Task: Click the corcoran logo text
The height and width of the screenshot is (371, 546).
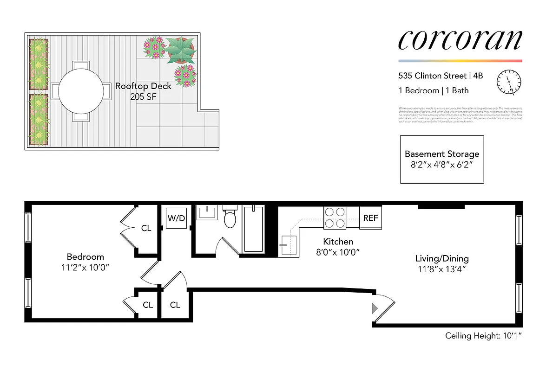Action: pyautogui.click(x=460, y=40)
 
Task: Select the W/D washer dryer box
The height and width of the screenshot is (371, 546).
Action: pyautogui.click(x=176, y=218)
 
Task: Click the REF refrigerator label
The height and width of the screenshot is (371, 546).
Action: pyautogui.click(x=370, y=218)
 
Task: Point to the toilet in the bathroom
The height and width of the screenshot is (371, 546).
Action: pyautogui.click(x=230, y=217)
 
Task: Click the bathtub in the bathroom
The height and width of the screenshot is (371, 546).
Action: pyautogui.click(x=253, y=229)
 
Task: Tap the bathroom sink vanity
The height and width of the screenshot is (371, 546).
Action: pyautogui.click(x=207, y=213)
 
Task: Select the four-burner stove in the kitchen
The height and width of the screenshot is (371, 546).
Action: pyautogui.click(x=335, y=217)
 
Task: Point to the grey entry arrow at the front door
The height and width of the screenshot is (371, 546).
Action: pyautogui.click(x=375, y=307)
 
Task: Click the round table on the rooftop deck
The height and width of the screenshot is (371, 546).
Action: pyautogui.click(x=81, y=91)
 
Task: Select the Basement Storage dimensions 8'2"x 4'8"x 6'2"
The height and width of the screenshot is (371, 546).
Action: pyautogui.click(x=441, y=165)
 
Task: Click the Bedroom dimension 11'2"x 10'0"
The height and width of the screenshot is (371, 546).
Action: pyautogui.click(x=86, y=268)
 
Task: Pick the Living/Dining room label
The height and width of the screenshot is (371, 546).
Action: pyautogui.click(x=441, y=259)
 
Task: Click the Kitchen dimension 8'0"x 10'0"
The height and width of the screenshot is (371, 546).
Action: pyautogui.click(x=338, y=252)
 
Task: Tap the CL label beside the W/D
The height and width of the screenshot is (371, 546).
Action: pyautogui.click(x=146, y=228)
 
